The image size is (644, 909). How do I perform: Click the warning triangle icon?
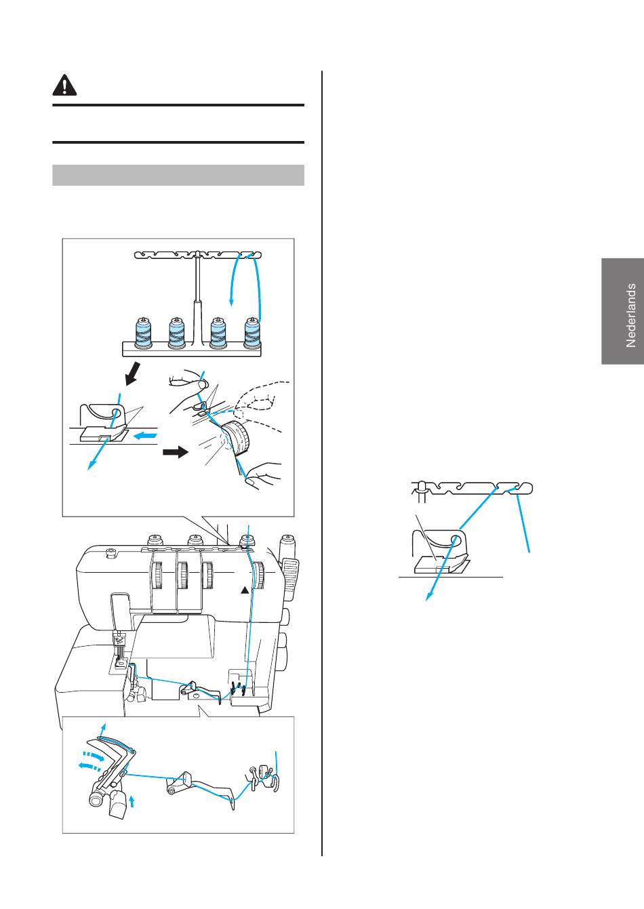(x=64, y=85)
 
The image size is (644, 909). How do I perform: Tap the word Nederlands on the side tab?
(x=630, y=315)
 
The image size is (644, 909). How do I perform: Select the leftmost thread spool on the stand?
(x=143, y=333)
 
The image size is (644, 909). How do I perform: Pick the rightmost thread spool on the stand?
(x=252, y=333)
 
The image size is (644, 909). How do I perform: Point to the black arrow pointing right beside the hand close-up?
(x=176, y=452)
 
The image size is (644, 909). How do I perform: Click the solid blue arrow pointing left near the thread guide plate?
(x=145, y=436)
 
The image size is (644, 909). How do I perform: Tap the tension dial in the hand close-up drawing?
(x=237, y=437)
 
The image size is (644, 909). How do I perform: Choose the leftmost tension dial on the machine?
(x=157, y=575)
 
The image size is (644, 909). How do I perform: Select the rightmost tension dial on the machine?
(x=258, y=575)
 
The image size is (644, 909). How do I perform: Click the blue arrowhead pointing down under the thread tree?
(x=231, y=302)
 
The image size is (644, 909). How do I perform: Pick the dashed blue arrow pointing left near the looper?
(x=89, y=765)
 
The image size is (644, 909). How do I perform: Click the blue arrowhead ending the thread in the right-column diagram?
(x=428, y=597)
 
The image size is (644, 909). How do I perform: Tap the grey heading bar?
(x=178, y=176)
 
